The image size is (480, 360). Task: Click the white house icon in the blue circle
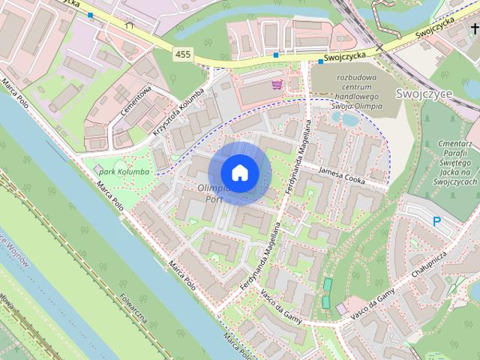[239, 173]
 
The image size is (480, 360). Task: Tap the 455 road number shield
[181, 54]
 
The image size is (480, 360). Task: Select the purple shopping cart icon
[278, 84]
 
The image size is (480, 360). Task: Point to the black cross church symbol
[474, 29]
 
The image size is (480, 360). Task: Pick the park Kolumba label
[124, 172]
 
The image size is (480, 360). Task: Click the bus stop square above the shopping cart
[277, 55]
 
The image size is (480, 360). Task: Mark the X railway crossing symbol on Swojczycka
[380, 47]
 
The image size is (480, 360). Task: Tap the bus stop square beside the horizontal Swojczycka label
[320, 61]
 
